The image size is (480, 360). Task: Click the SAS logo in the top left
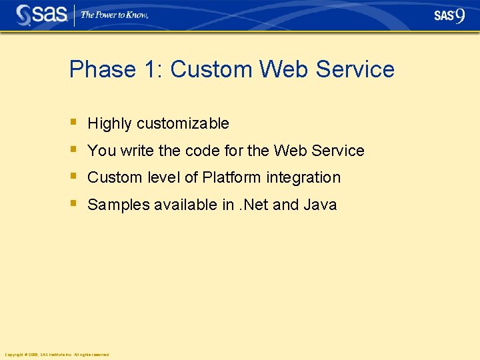point(41,15)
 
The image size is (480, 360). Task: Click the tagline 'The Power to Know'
point(114,15)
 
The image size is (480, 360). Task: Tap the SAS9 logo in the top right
point(449,16)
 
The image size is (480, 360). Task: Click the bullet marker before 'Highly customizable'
point(73,123)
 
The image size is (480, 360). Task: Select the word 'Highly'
point(110,123)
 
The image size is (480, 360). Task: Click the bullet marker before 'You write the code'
point(73,150)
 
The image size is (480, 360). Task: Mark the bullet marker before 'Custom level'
point(73,177)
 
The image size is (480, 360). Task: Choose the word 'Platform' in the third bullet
point(232,177)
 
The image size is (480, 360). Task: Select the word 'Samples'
point(119,205)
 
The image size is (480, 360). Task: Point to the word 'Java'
point(320,205)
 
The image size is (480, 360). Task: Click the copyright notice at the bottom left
point(57,355)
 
